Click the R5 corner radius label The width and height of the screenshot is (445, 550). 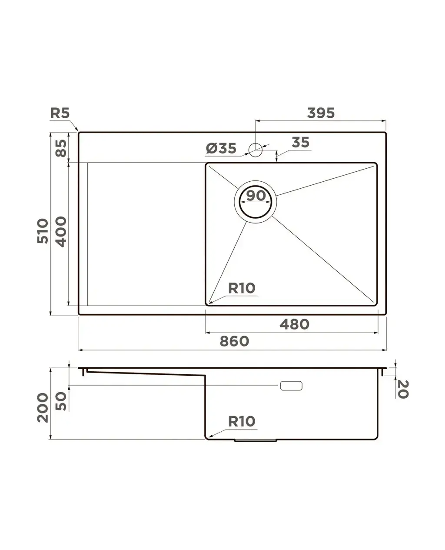pyautogui.click(x=60, y=113)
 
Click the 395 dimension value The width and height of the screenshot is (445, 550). pyautogui.click(x=321, y=113)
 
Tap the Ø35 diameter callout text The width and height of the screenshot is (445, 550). pyautogui.click(x=221, y=148)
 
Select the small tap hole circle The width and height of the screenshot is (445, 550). pyautogui.click(x=255, y=150)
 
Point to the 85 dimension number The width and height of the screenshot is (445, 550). pyautogui.click(x=61, y=148)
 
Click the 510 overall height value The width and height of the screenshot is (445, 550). pyautogui.click(x=43, y=231)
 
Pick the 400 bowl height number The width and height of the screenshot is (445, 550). pyautogui.click(x=61, y=232)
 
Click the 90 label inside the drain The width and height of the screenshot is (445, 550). pyautogui.click(x=256, y=196)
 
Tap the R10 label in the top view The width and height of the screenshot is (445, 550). pyautogui.click(x=242, y=288)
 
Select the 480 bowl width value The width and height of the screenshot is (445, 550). pyautogui.click(x=295, y=325)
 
